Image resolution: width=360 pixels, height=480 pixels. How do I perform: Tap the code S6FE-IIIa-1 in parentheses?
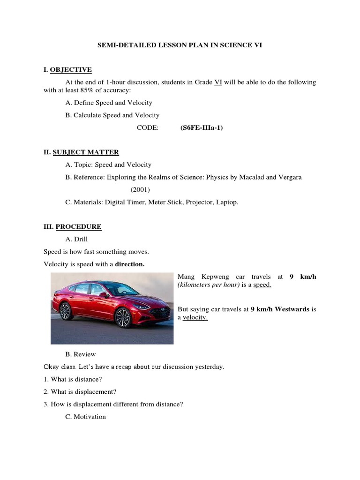click(x=202, y=127)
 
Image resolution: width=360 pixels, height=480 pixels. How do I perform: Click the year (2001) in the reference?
click(x=140, y=190)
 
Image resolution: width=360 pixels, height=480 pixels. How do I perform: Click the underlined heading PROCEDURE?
click(x=78, y=227)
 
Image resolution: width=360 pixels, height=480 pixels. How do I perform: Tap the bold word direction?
click(x=130, y=264)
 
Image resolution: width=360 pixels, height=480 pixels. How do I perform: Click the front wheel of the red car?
click(x=123, y=317)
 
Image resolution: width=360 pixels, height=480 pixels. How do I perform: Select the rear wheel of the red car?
click(x=66, y=311)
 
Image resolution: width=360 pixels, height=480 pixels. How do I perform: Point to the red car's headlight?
click(x=142, y=307)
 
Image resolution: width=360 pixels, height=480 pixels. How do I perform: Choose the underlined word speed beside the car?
click(x=262, y=285)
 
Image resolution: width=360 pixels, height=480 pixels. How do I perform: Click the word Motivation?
click(x=90, y=416)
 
